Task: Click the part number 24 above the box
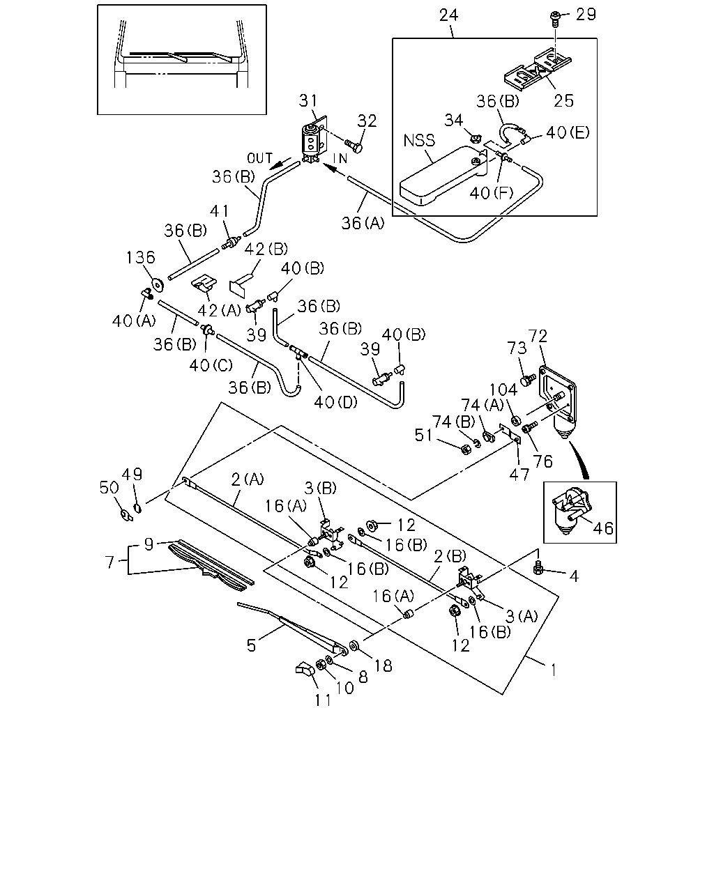point(448,15)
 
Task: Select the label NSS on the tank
point(419,141)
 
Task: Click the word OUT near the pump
point(259,158)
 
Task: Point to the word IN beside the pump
point(340,158)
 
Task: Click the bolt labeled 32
point(354,145)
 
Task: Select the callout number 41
point(219,211)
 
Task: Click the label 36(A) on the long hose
point(363,224)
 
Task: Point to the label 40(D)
point(335,401)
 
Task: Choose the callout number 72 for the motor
point(538,336)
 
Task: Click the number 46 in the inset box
point(603,528)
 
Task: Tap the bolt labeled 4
point(538,567)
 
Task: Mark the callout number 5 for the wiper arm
point(251,645)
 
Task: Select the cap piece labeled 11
point(306,668)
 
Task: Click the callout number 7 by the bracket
point(109,562)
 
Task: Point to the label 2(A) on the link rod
point(248,479)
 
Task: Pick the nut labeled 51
point(466,449)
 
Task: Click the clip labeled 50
point(126,515)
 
